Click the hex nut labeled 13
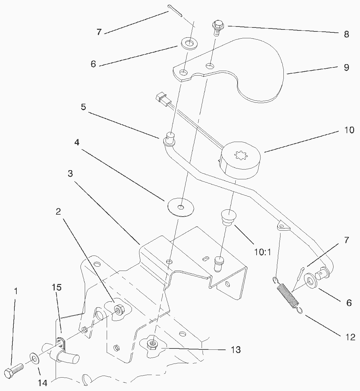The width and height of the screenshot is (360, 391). click(152, 344)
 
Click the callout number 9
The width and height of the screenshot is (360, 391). click(346, 68)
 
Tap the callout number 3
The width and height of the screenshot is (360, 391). click(70, 174)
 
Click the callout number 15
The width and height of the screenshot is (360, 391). click(57, 288)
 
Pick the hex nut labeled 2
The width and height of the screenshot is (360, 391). click(118, 309)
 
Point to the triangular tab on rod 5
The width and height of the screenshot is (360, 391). click(282, 226)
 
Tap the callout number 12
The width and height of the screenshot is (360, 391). click(350, 337)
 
